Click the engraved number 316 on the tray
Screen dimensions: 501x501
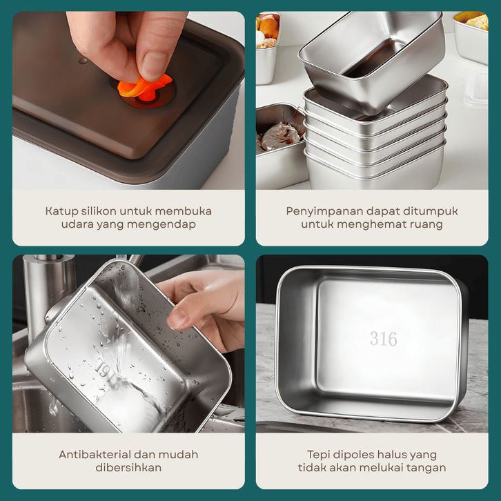pyautogui.click(x=384, y=339)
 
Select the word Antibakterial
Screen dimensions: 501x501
pyautogui.click(x=95, y=454)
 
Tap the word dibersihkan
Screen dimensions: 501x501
pyautogui.click(x=128, y=468)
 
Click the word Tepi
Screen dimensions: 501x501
pyautogui.click(x=318, y=455)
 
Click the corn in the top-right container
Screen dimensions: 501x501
pyautogui.click(x=477, y=22)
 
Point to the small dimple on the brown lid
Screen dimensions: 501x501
pyautogui.click(x=83, y=61)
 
